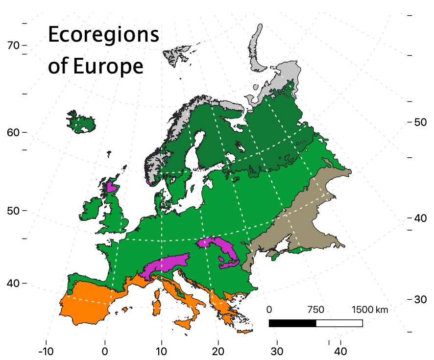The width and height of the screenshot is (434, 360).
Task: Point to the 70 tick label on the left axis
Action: (13, 46)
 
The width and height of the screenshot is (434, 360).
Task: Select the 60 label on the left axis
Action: (13, 133)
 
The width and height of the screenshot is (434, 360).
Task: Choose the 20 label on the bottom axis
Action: (218, 351)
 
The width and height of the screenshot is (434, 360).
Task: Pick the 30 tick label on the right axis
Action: (419, 299)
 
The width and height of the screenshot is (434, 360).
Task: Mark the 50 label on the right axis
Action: (419, 122)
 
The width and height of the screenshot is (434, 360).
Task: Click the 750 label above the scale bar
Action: (316, 310)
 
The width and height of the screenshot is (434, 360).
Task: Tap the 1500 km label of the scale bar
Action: (370, 310)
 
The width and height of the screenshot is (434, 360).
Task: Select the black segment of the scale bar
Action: (292, 323)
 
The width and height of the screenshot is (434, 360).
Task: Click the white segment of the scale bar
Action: (339, 323)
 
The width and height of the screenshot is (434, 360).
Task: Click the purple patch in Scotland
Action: (112, 187)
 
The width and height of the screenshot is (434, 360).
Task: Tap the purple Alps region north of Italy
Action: (167, 264)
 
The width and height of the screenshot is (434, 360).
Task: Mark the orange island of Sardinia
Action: (157, 307)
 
